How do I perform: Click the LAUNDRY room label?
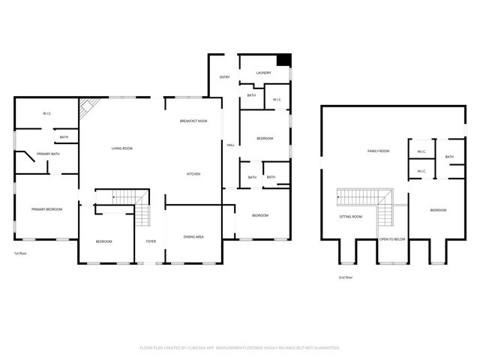263,73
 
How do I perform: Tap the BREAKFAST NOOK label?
193,121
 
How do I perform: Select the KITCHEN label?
193,174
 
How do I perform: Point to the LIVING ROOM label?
122,148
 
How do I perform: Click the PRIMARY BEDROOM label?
46,209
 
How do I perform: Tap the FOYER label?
151,241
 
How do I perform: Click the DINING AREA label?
193,237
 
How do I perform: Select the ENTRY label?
224,77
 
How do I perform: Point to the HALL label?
231,145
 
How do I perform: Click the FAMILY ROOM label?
378,151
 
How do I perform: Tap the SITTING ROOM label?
351,217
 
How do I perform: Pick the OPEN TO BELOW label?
392,239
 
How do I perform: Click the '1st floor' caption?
21,253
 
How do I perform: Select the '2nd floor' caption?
346,277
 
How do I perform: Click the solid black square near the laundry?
283,61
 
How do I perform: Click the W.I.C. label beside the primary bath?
46,114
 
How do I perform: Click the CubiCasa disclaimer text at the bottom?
240,348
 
